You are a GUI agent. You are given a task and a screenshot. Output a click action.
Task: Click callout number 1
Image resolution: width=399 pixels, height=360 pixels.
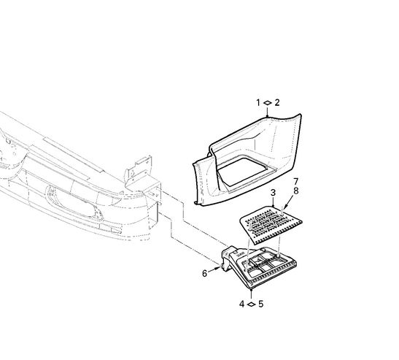258,103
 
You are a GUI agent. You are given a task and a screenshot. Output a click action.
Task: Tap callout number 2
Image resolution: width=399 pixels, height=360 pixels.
277,102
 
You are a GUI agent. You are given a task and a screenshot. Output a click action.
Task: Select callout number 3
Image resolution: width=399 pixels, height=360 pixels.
273,192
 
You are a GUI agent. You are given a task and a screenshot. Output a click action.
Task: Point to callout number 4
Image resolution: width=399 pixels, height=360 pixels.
241,304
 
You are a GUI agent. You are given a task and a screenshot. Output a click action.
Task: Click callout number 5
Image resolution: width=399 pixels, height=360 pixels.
261,304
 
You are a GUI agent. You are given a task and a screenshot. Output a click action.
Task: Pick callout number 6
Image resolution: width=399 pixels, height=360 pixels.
204,274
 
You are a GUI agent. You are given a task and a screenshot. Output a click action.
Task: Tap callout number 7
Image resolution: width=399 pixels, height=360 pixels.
295,182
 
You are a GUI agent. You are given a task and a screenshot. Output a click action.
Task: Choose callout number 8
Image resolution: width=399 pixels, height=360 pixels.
295,191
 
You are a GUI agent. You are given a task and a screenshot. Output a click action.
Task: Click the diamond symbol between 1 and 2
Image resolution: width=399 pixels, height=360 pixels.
268,103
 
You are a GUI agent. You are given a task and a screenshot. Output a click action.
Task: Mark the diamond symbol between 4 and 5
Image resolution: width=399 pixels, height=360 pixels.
251,304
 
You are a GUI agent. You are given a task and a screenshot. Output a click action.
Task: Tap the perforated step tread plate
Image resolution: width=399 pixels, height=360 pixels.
271,224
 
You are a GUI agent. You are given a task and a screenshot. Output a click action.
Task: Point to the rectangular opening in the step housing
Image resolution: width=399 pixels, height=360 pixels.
244,171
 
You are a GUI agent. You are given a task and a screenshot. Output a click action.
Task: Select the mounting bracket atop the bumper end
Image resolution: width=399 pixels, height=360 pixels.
138,171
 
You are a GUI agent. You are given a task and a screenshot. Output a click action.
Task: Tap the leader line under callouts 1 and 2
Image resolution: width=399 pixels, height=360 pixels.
267,112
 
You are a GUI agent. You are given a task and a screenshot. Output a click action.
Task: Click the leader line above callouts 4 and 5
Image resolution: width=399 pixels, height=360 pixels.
252,294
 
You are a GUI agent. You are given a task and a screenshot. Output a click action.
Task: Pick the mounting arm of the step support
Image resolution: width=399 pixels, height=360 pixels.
231,256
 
